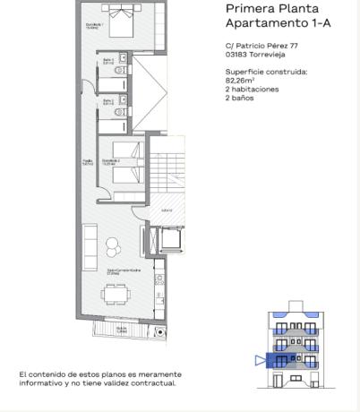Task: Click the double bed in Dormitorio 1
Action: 118,20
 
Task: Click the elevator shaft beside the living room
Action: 167,239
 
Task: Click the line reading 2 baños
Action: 239,98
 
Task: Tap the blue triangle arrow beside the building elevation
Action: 261,361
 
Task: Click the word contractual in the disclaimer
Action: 156,382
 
